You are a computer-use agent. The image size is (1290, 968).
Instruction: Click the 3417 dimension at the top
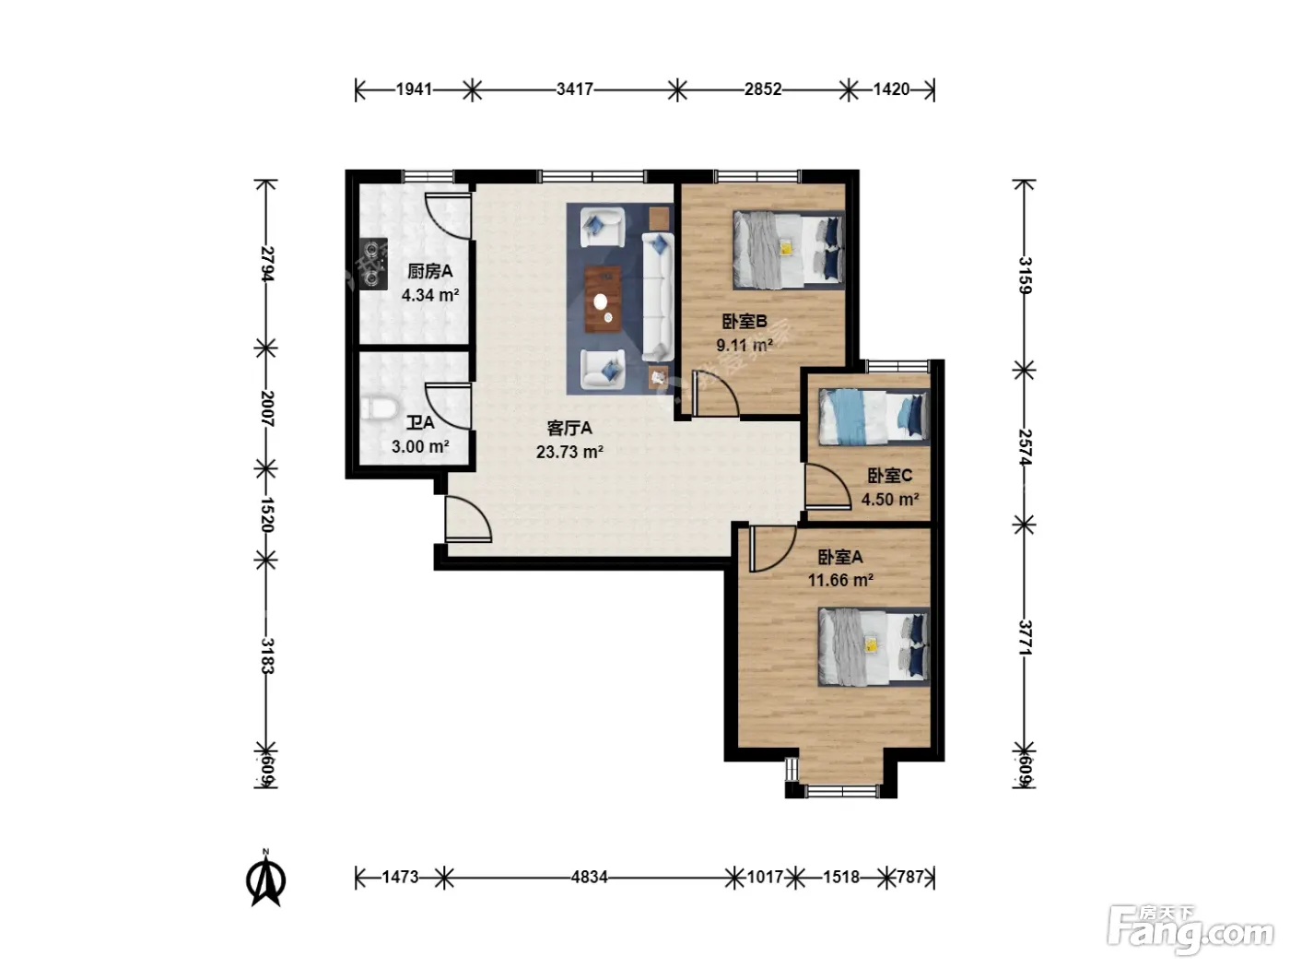pos(574,89)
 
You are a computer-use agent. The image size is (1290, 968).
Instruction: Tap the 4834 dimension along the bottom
pos(589,878)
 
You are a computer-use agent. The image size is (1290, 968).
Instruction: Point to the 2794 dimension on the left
pos(267,264)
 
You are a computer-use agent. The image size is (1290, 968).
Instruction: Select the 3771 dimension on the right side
pos(1025,637)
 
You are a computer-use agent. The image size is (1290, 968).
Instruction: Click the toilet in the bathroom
pos(379,409)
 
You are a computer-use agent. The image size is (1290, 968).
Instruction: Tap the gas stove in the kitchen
pos(374,264)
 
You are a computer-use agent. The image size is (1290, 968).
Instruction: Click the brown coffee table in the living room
pos(603,299)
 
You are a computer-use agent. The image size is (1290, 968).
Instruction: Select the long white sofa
pos(657,297)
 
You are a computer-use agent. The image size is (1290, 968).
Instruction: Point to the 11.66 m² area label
pos(839,581)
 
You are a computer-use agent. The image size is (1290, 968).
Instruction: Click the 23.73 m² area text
pos(569,452)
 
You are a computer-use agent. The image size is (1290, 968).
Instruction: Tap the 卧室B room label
pos(744,322)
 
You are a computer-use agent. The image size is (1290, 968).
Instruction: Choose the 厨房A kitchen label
pos(429,271)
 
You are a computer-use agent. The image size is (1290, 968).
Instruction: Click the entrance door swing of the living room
pos(468,518)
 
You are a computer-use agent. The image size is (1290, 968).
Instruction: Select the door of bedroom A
pos(773,549)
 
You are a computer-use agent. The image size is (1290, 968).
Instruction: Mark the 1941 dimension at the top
pos(414,89)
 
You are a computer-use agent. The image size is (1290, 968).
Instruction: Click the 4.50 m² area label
pos(890,500)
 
